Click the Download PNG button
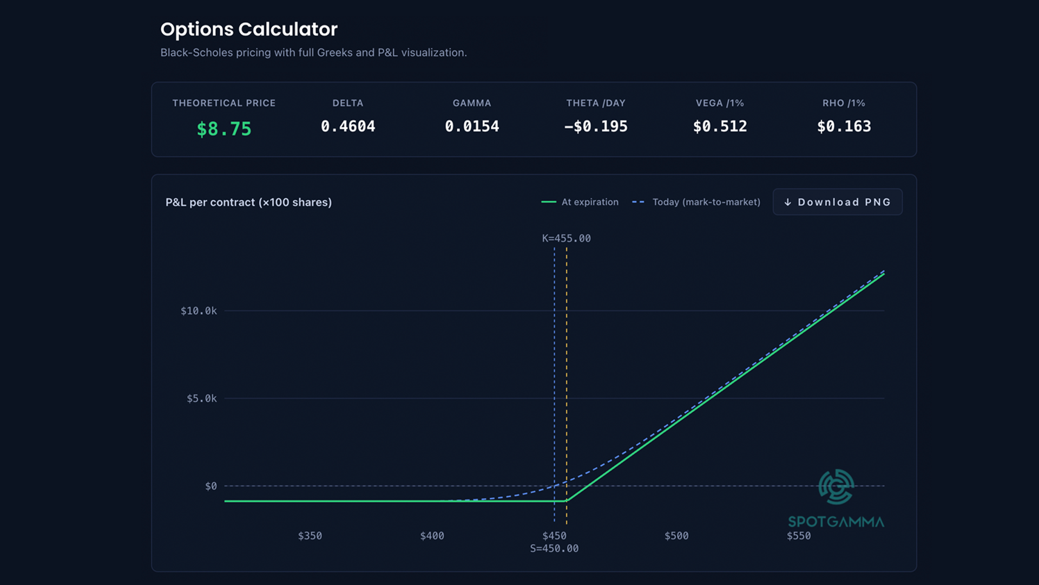(x=837, y=202)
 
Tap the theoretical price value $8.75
(x=224, y=129)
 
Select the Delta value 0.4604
(x=348, y=126)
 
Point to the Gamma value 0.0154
(x=472, y=126)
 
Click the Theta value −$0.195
(x=596, y=126)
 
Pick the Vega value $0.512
(x=720, y=126)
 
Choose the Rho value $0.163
(x=844, y=126)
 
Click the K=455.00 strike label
(x=567, y=238)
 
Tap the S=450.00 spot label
(x=554, y=549)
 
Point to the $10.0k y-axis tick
(x=199, y=311)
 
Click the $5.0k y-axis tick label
(x=202, y=399)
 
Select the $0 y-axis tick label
(x=211, y=486)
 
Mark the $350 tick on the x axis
(x=310, y=536)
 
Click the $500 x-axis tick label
(x=676, y=536)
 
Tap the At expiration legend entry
(x=580, y=202)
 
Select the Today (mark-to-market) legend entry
(x=696, y=202)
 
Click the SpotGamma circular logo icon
(x=836, y=486)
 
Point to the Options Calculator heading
(x=249, y=29)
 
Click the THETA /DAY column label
(x=596, y=103)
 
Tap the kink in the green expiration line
(x=566, y=501)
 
